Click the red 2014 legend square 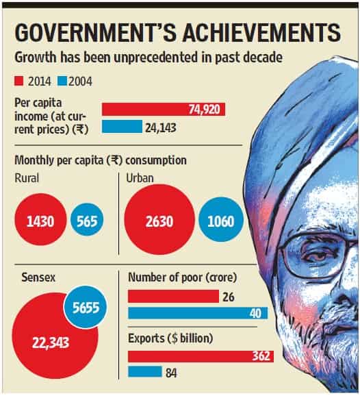tap(19, 82)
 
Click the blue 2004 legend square tap(62, 82)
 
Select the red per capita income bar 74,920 tap(164, 110)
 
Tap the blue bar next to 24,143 tap(122, 127)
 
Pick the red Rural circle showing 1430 tap(40, 219)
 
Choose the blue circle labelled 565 tap(87, 220)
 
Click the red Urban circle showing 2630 tap(159, 219)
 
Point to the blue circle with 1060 tap(221, 219)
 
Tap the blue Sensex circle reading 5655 tap(86, 307)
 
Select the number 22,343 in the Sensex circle tap(51, 343)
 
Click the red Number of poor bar tap(173, 296)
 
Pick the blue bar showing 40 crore tap(198, 312)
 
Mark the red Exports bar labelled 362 tap(201, 356)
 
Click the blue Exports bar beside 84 tap(145, 371)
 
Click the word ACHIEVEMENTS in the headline tap(261, 33)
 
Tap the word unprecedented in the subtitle tap(155, 58)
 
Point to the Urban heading tap(140, 178)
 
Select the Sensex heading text tap(38, 277)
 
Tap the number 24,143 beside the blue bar tap(161, 127)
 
